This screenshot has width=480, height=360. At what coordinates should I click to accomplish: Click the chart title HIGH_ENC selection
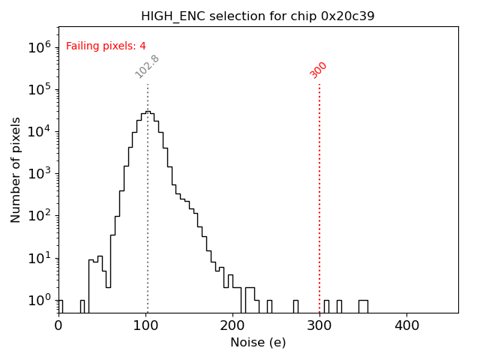[x=257, y=16]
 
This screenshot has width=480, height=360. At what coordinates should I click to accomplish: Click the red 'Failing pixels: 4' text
[x=106, y=46]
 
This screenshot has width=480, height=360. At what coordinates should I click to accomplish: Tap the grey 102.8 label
[x=147, y=67]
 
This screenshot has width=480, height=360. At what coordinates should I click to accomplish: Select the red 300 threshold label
[x=319, y=70]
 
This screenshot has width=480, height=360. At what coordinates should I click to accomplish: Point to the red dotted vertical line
[x=319, y=195]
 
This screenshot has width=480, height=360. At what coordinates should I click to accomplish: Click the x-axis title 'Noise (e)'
[x=257, y=343]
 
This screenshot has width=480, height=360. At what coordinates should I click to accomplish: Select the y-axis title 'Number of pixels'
[x=16, y=169]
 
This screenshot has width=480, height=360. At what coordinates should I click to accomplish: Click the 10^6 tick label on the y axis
[x=40, y=47]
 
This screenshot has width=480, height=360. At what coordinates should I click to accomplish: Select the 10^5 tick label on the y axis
[x=40, y=89]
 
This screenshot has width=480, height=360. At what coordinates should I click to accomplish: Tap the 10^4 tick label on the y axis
[x=40, y=131]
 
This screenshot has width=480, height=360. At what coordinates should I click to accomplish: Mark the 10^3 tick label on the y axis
[x=40, y=173]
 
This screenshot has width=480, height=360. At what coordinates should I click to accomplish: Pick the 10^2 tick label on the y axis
[x=40, y=216]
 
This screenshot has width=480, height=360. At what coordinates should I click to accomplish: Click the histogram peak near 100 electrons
[x=148, y=112]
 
